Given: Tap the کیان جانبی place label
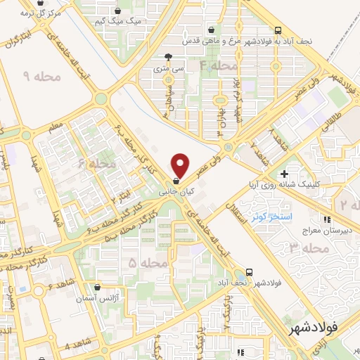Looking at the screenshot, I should pos(171,191).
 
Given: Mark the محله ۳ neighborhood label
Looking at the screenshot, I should pos(309,249).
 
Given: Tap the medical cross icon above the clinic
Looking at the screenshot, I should pos(284,174).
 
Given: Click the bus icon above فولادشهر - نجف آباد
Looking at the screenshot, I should pos(250,271).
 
